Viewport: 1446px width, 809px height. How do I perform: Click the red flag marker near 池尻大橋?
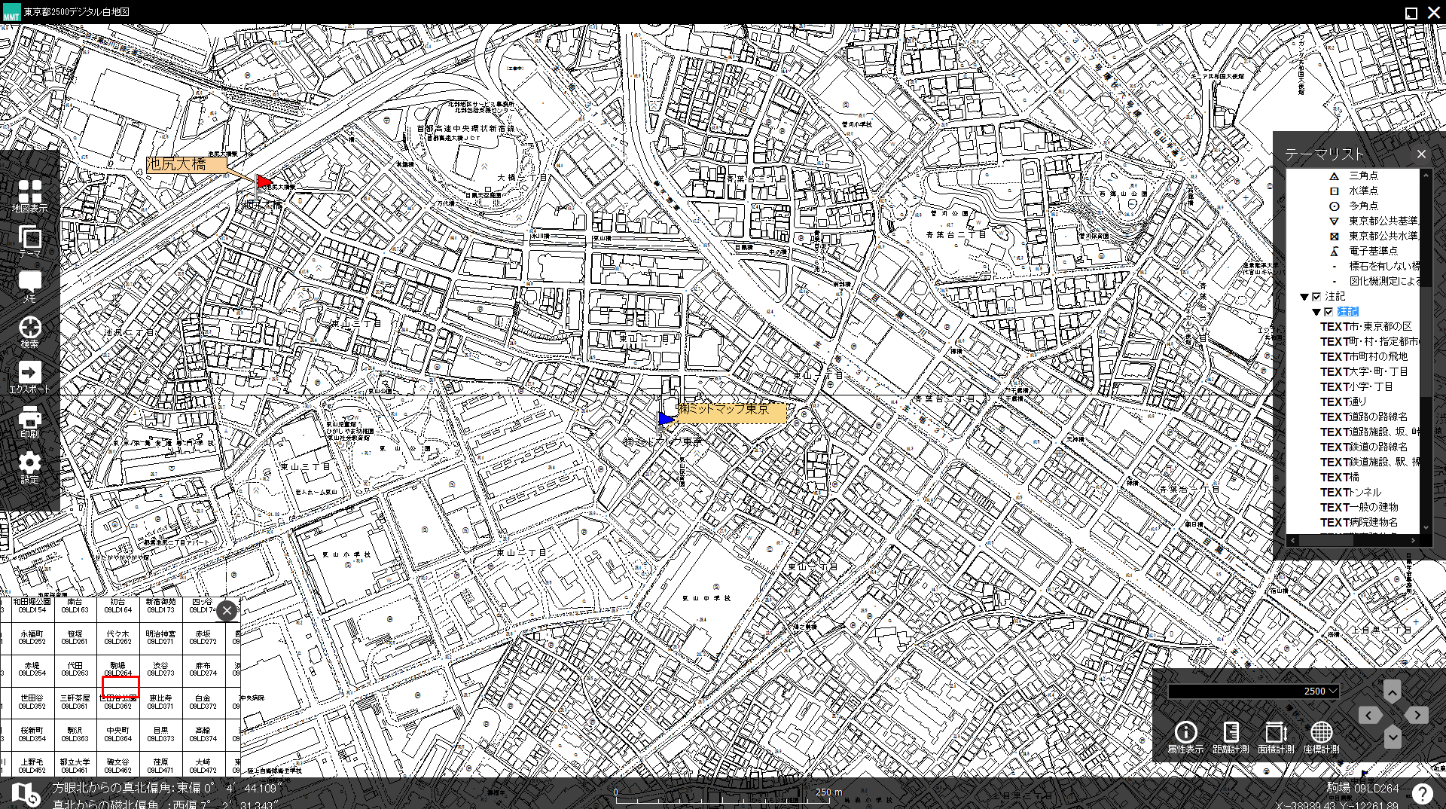pyautogui.click(x=264, y=182)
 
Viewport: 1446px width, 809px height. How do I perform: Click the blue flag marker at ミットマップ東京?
pyautogui.click(x=666, y=418)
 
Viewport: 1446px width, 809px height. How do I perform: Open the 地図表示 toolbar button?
pyautogui.click(x=29, y=195)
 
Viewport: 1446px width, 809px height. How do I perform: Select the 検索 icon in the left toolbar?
pyautogui.click(x=29, y=331)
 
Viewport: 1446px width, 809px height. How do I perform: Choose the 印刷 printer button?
pyautogui.click(x=29, y=421)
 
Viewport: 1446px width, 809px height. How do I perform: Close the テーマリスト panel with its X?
pyautogui.click(x=1421, y=154)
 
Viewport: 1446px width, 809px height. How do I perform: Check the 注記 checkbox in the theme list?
pyautogui.click(x=1316, y=297)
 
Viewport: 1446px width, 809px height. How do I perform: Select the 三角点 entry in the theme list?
pyautogui.click(x=1363, y=176)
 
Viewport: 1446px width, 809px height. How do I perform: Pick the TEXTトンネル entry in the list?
pyautogui.click(x=1350, y=493)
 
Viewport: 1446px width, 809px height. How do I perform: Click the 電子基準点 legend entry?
pyautogui.click(x=1372, y=251)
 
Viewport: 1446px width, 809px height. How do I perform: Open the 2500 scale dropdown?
pyautogui.click(x=1253, y=691)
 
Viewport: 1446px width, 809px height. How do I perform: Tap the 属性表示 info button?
pyautogui.click(x=1185, y=736)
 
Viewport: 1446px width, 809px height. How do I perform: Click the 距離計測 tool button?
pyautogui.click(x=1231, y=736)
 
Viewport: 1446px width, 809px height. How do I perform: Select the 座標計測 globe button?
pyautogui.click(x=1321, y=736)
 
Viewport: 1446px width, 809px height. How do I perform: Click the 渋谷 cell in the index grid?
pyautogui.click(x=160, y=669)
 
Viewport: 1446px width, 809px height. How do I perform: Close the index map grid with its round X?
pyautogui.click(x=227, y=611)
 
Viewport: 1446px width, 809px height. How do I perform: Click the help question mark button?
pyautogui.click(x=1422, y=793)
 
